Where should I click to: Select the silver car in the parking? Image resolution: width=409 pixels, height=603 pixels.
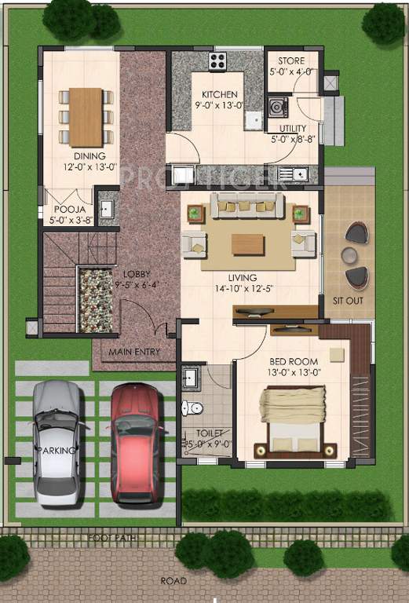[x=57, y=443]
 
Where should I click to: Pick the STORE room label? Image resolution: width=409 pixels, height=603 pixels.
[x=291, y=61]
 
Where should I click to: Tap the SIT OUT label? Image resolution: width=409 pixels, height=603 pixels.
[x=349, y=301]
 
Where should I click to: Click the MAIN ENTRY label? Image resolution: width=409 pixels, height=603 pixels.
[x=134, y=352]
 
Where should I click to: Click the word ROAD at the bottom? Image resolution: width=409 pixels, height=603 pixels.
[x=174, y=581]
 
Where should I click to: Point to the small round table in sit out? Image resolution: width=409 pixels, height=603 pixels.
[x=349, y=254]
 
